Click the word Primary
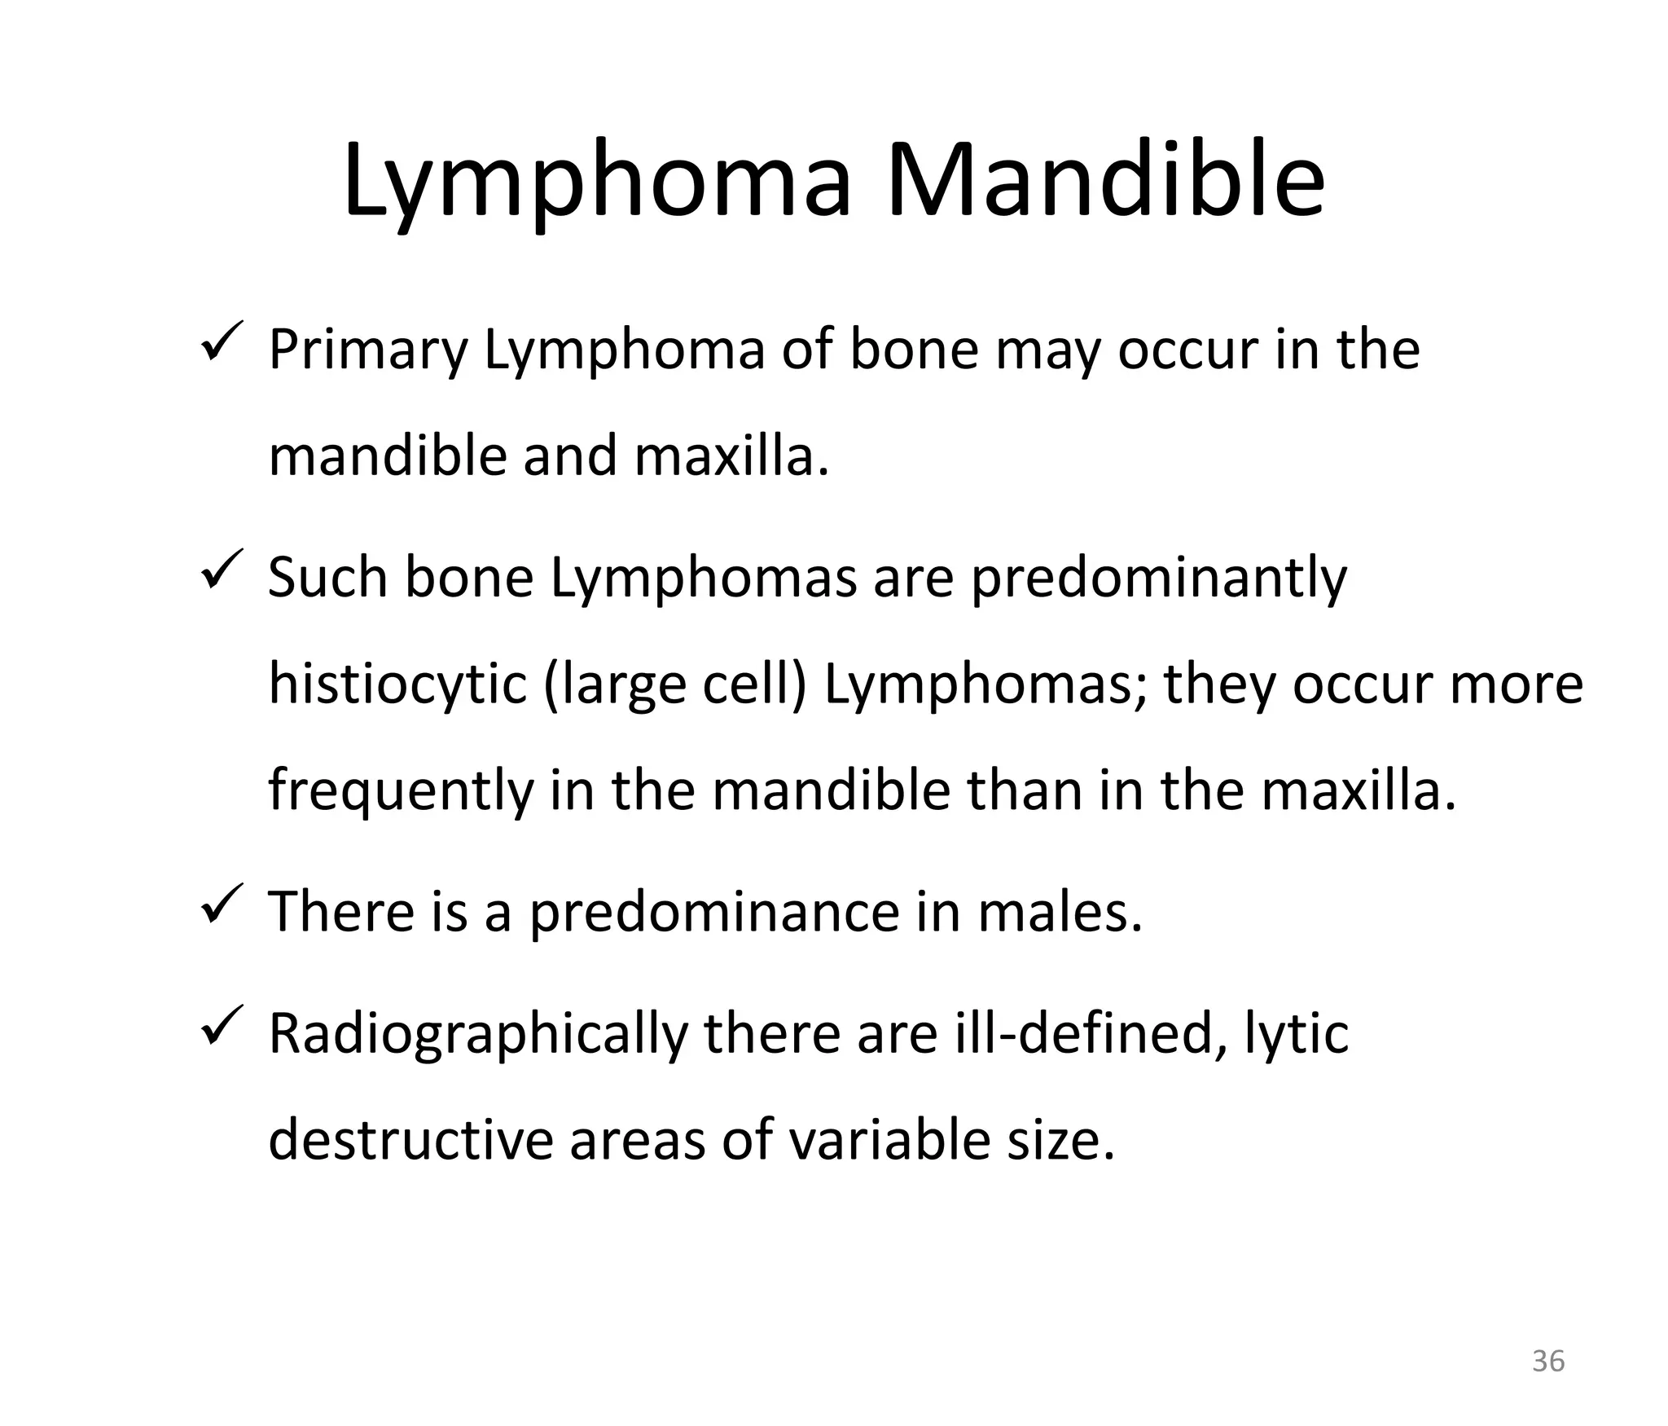(x=368, y=350)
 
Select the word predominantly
(x=1158, y=579)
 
